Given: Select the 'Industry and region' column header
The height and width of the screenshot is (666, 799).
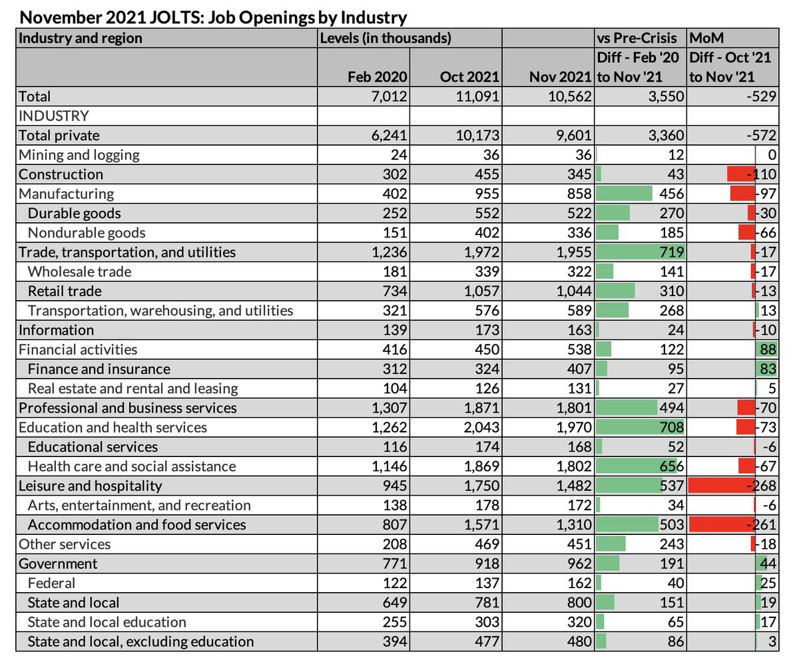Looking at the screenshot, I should point(81,38).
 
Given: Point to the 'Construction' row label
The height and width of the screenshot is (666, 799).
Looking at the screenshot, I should point(61,174).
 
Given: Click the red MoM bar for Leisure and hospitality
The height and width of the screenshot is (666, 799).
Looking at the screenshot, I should point(723,486).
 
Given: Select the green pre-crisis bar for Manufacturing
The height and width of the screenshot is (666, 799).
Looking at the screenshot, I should point(625,194).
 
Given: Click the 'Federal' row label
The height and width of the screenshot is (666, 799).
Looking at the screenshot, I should point(51,583).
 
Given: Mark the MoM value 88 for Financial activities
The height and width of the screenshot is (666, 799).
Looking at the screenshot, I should point(768,349).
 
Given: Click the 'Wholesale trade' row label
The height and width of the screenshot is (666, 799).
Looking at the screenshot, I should point(79,271).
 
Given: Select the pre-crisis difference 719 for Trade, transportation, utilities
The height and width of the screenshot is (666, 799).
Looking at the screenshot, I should point(670,252).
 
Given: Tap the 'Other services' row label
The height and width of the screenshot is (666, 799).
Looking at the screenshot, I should point(65,544).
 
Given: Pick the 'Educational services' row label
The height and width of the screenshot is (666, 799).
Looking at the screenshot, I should point(93,446).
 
